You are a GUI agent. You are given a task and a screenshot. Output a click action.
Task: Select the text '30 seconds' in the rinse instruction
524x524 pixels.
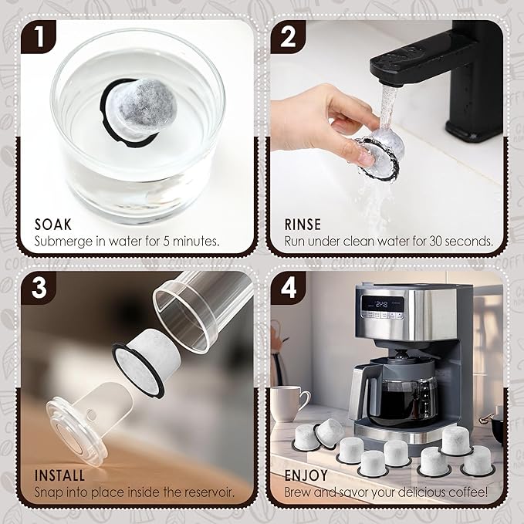pos(455,241)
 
